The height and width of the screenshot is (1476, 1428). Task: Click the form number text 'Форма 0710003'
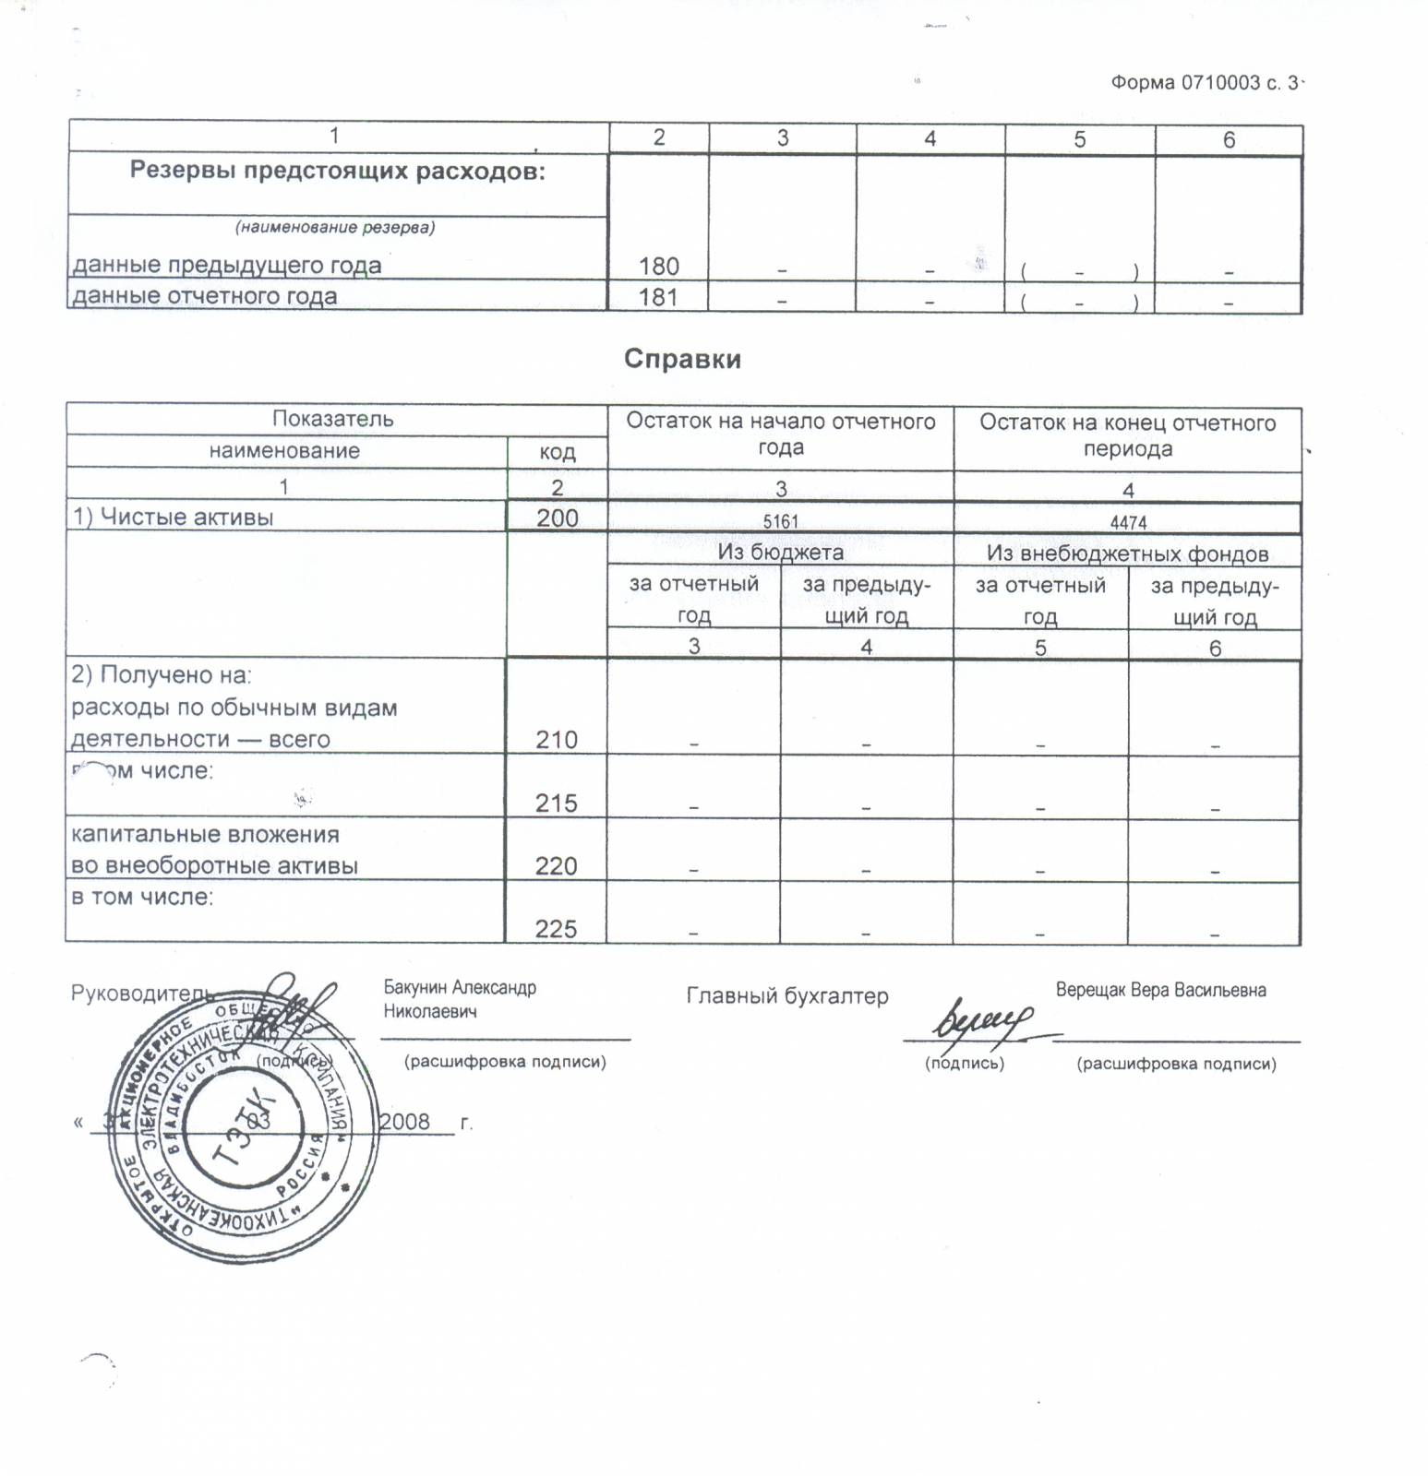1184,83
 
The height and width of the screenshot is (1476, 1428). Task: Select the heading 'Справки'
682,359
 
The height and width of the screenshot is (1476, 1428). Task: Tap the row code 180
658,267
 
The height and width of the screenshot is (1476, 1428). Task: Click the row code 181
658,297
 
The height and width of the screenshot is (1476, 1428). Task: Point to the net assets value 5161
780,521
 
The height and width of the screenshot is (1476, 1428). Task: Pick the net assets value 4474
1128,523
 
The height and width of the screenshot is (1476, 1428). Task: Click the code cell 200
558,518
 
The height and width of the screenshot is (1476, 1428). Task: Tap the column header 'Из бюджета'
780,553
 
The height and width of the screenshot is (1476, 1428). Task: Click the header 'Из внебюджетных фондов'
1127,553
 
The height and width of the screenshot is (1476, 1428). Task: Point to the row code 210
557,740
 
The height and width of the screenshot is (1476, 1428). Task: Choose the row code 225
556,929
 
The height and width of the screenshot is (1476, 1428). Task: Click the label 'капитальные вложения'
205,835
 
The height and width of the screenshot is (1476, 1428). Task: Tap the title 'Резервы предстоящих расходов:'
337,172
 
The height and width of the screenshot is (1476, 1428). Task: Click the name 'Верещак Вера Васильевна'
1160,991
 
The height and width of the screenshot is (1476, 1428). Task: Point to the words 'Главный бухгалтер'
786,996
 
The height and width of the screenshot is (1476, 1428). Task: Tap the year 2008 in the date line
404,1122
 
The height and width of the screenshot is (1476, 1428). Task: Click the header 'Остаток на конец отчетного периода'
1127,435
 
